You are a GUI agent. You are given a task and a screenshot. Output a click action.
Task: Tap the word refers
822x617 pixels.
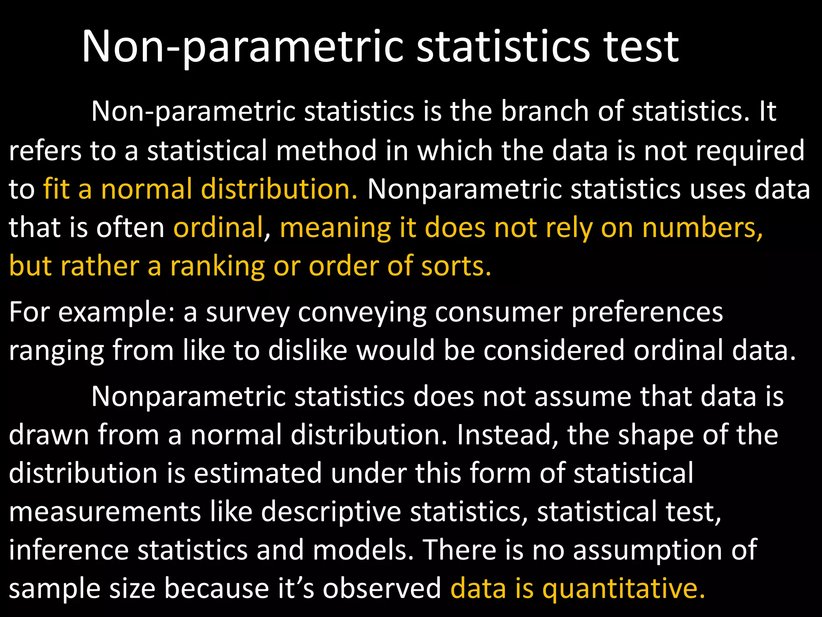coord(45,150)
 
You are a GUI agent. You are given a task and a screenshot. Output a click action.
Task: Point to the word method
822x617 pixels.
coord(326,150)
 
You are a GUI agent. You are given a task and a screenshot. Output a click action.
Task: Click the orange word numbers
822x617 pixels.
coord(702,227)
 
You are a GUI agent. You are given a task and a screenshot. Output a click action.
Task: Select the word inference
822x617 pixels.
coord(69,550)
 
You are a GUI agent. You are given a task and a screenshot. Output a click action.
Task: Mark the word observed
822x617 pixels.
coord(382,588)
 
